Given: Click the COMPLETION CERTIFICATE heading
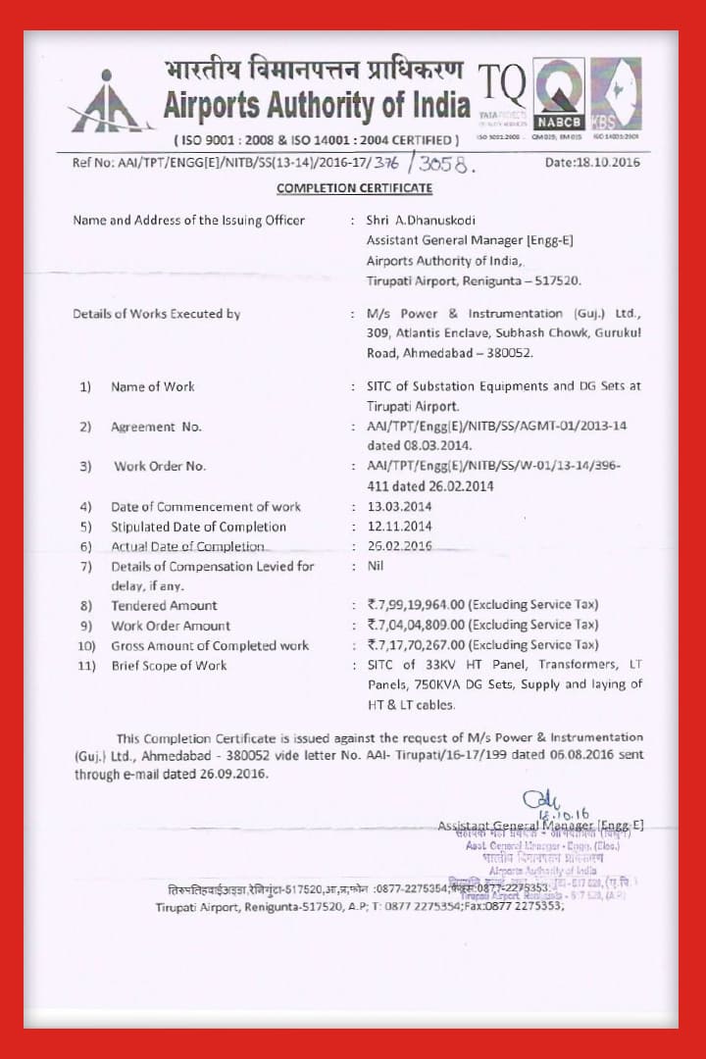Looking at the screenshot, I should pyautogui.click(x=354, y=187).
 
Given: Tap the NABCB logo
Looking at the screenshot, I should pyautogui.click(x=558, y=94).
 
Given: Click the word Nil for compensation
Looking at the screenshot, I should pyautogui.click(x=375, y=566).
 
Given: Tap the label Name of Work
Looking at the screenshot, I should pyautogui.click(x=152, y=386).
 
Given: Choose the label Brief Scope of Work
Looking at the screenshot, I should pyautogui.click(x=169, y=666).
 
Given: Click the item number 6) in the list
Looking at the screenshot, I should pyautogui.click(x=86, y=546).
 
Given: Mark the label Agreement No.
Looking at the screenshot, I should pyautogui.click(x=156, y=427).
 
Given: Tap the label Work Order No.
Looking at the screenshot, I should pyautogui.click(x=160, y=467).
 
